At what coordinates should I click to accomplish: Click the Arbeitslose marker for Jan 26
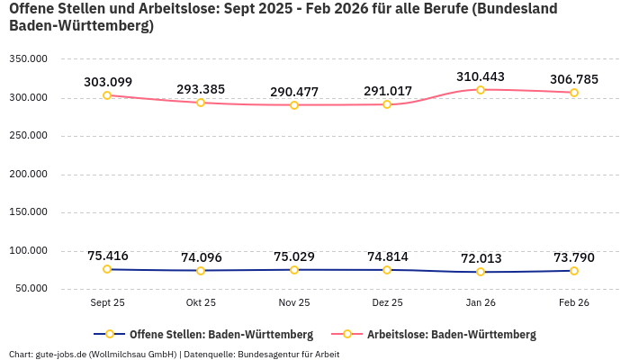point(481,90)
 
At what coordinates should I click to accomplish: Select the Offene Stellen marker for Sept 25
point(107,269)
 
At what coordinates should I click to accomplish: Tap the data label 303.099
point(108,82)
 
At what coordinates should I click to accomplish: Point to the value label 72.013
point(481,258)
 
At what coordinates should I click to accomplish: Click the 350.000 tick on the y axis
point(29,59)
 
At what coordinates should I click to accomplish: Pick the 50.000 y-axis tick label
point(31,289)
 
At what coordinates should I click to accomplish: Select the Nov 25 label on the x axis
point(294,303)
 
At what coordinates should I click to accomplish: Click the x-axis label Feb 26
point(574,303)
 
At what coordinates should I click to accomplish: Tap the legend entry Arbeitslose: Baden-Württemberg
point(451,335)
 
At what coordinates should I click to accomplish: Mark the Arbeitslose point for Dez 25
point(387,104)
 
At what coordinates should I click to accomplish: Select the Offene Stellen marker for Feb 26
point(574,270)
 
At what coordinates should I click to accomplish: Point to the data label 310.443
point(481,76)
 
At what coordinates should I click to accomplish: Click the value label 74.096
point(201,257)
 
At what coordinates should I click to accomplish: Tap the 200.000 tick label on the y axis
point(29,175)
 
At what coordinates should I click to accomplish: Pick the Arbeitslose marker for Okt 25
point(201,103)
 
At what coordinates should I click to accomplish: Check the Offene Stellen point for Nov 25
point(294,270)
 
